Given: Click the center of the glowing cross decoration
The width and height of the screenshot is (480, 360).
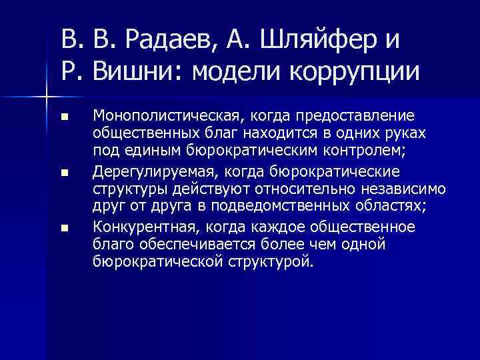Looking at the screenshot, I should (x=45, y=99).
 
